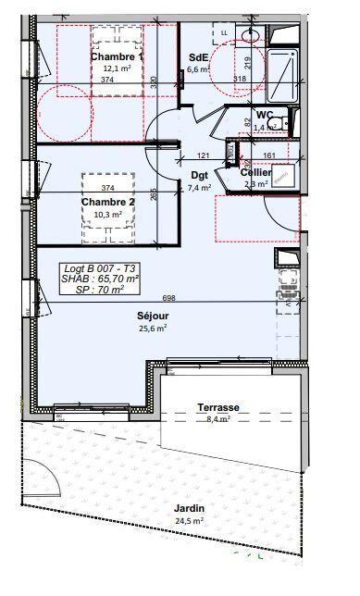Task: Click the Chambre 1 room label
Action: coord(117,56)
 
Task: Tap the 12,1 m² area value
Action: coord(117,68)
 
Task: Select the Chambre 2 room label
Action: coord(107,203)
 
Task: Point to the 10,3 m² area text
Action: coord(107,215)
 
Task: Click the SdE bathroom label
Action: coord(198,56)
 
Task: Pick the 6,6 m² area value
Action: coord(198,68)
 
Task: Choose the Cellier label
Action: coord(256,172)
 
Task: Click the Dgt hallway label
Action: coord(199,175)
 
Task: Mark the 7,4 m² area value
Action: coord(199,187)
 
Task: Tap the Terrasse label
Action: coord(218,407)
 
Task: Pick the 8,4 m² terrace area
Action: coord(218,418)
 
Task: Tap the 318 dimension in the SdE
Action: coord(240,80)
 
